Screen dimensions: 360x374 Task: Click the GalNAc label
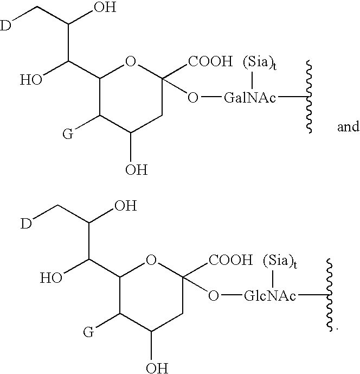pyautogui.click(x=250, y=98)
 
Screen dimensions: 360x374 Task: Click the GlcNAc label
pyautogui.click(x=270, y=296)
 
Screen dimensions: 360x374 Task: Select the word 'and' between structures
pyautogui.click(x=348, y=126)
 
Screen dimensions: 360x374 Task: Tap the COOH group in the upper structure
pyautogui.click(x=210, y=61)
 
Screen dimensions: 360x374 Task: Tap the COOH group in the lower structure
pyautogui.click(x=230, y=260)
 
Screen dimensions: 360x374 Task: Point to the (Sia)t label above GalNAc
pyautogui.click(x=260, y=63)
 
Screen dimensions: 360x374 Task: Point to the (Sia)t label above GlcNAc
pyautogui.click(x=280, y=261)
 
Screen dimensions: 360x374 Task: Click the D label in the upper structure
pyautogui.click(x=5, y=26)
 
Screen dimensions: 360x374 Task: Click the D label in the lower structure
pyautogui.click(x=26, y=224)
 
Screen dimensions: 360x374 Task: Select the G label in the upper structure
pyautogui.click(x=68, y=134)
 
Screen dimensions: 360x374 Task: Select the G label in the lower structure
pyautogui.click(x=88, y=332)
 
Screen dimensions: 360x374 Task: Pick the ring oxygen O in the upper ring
pyautogui.click(x=131, y=61)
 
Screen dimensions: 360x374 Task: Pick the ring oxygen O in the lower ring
pyautogui.click(x=151, y=260)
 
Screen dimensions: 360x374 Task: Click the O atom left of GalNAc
pyautogui.click(x=193, y=98)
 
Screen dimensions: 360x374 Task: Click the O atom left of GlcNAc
pyautogui.click(x=213, y=296)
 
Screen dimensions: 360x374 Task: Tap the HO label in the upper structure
pyautogui.click(x=31, y=80)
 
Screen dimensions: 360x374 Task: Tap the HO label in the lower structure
pyautogui.click(x=51, y=278)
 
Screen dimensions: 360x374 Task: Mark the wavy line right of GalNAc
pyautogui.click(x=309, y=97)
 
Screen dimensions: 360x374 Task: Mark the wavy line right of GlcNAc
pyautogui.click(x=329, y=295)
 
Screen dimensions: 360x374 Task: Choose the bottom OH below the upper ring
pyautogui.click(x=137, y=169)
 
